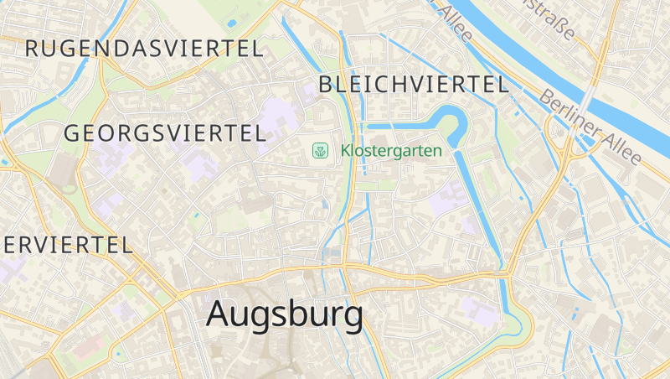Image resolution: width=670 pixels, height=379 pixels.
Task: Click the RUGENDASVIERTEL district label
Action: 144,48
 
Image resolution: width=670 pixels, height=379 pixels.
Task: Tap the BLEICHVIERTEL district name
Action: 414,84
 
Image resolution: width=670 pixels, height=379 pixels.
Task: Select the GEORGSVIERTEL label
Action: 165,132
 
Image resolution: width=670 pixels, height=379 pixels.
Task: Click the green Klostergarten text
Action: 391,151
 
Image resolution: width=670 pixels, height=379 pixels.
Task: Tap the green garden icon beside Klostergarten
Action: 320,150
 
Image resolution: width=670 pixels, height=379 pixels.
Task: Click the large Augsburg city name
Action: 285,315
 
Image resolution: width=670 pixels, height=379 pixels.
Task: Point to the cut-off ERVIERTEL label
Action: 67,245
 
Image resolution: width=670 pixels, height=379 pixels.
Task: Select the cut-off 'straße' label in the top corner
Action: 557,18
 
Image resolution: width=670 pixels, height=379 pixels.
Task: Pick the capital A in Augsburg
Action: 218,314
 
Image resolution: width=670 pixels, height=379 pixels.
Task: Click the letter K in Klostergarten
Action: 346,151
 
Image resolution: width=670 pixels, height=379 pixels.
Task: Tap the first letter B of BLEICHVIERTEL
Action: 326,84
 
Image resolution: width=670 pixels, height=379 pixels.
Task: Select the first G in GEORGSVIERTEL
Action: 72,133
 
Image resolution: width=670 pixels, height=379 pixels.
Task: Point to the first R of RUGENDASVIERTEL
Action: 33,48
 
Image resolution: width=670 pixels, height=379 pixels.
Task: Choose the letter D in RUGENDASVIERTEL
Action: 121,48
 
